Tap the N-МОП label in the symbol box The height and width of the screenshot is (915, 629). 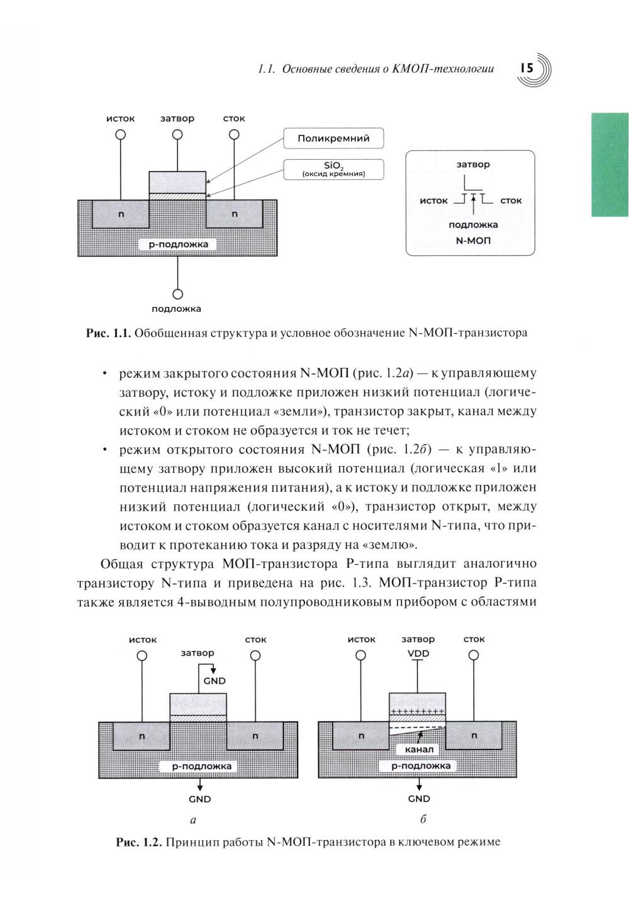472,240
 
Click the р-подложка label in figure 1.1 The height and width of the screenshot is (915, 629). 177,244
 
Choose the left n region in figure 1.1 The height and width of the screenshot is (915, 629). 121,214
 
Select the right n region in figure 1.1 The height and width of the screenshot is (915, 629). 235,214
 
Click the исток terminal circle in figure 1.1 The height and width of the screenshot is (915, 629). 121,135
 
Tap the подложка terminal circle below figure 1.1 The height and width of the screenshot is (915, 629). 177,294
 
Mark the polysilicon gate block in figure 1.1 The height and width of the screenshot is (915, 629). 177,182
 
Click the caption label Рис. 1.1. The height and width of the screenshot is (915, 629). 108,333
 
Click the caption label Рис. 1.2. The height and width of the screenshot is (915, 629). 139,841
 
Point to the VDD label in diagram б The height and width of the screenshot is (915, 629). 418,653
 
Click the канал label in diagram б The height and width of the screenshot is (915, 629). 419,750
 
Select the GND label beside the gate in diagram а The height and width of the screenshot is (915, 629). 214,681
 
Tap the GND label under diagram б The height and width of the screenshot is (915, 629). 419,799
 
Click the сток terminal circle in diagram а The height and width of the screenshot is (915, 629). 255,655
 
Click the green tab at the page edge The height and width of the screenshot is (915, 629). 610,165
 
